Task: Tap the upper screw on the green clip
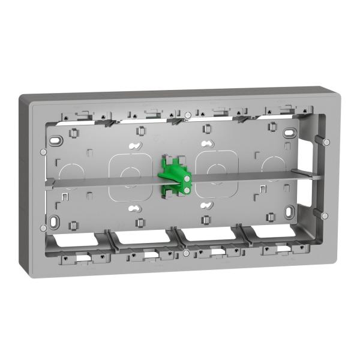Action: pos(188,178)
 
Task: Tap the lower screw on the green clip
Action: pos(187,190)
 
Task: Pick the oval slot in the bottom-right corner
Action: pos(290,211)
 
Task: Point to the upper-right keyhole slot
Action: pos(207,144)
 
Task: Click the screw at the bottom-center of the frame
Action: pos(187,254)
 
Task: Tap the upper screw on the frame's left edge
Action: pos(43,151)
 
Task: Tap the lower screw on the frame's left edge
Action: pos(43,227)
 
